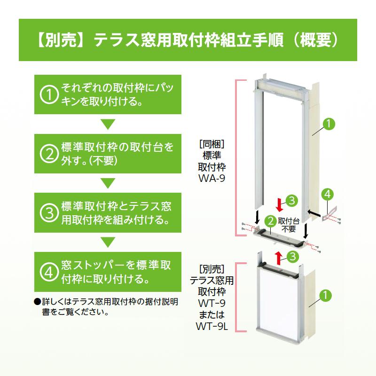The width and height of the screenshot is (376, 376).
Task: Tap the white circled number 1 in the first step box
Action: click(49, 94)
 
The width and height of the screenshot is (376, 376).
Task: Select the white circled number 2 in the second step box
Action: click(49, 154)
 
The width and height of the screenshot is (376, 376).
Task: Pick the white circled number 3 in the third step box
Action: click(49, 213)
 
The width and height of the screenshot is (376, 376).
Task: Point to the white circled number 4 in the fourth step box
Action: click(49, 272)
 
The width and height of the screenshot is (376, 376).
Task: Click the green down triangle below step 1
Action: click(108, 124)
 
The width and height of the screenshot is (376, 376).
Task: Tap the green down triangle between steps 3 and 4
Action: click(108, 242)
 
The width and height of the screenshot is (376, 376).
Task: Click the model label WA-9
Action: click(212, 179)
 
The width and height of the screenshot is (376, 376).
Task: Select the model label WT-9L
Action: click(212, 326)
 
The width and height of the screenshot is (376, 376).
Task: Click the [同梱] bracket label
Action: click(212, 144)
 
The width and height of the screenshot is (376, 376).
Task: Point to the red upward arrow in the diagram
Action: click(278, 258)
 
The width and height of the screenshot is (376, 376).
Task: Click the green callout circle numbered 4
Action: click(328, 194)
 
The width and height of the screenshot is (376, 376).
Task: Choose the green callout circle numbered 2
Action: click(271, 221)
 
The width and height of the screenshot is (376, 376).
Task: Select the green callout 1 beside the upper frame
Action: click(329, 124)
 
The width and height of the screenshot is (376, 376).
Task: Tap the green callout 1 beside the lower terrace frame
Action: click(325, 295)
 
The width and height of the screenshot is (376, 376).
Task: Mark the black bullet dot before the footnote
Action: click(38, 301)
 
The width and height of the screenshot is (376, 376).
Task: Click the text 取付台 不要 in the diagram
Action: click(289, 225)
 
